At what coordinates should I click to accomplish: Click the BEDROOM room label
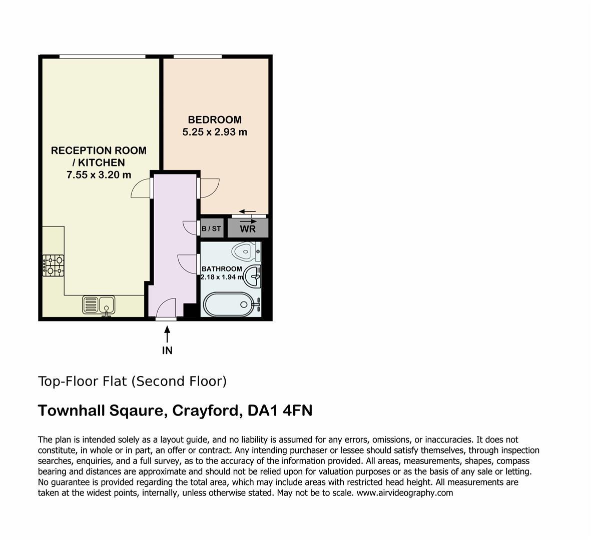pos(215,119)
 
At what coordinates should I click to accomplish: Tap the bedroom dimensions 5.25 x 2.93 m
pos(215,132)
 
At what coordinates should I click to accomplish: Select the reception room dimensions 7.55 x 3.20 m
pos(99,174)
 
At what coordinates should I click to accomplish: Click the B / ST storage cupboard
pos(212,228)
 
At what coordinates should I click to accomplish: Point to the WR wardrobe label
pos(248,229)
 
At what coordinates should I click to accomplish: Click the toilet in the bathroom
pos(246,251)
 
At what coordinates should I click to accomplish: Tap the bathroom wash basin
pos(253,275)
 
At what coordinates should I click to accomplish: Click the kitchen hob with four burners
pos(53,265)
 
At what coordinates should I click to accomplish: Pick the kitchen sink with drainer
pos(99,305)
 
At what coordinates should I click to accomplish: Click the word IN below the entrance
pos(167,350)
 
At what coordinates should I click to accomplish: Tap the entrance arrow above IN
pos(167,334)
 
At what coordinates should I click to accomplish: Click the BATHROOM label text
pos(222,269)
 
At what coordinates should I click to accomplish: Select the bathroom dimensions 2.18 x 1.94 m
pos(222,277)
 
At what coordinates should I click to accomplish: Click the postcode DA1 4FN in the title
pos(280,410)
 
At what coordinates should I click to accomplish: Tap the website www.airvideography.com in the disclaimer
pos(405,493)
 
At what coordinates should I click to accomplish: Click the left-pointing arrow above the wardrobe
pos(248,211)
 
